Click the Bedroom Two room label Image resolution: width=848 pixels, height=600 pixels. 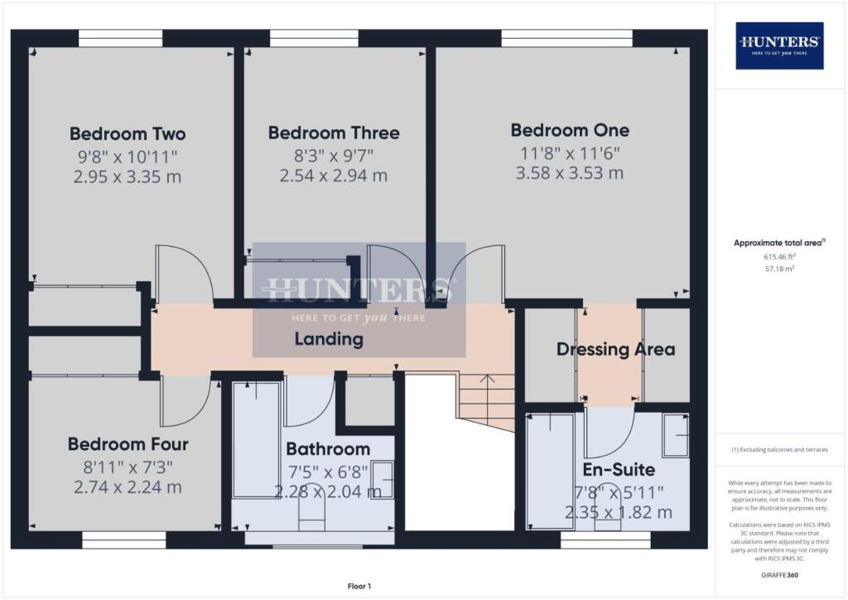[x=127, y=134]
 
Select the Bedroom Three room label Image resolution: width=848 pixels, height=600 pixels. [x=334, y=133]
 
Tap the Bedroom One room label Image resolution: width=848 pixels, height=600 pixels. [x=570, y=130]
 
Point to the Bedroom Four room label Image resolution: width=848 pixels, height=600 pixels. [x=128, y=444]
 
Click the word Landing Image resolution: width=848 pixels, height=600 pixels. [x=329, y=339]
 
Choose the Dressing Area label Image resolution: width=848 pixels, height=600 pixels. [x=615, y=349]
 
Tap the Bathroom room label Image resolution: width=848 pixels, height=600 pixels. [x=328, y=449]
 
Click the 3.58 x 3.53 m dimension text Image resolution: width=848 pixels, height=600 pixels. [x=570, y=173]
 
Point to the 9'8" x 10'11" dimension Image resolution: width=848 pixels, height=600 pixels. [x=127, y=156]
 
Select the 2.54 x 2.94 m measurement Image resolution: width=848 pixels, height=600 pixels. [x=334, y=176]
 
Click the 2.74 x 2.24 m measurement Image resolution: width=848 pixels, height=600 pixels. [x=128, y=487]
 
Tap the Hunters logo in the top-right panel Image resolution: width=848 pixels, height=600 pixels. [x=780, y=46]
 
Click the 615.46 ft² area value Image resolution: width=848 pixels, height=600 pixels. [x=780, y=257]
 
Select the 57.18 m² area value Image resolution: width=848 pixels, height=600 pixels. [x=780, y=269]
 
